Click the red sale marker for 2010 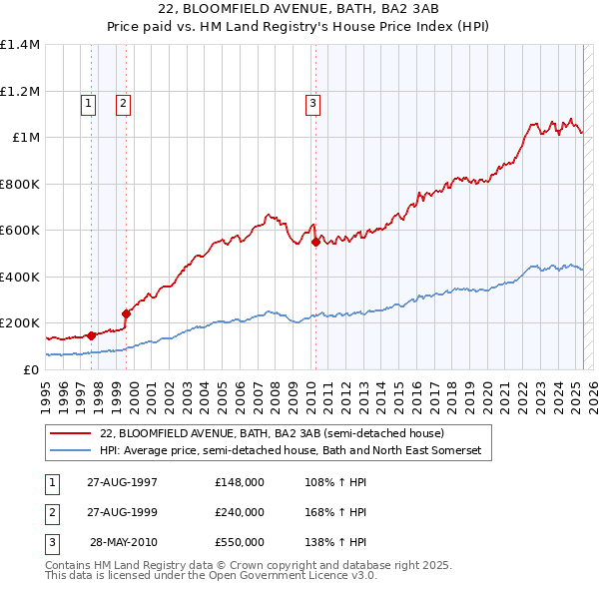tap(314, 242)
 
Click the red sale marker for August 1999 tap(127, 313)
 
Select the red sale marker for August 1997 tap(91, 335)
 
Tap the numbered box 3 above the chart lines tap(312, 102)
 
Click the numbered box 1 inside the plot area tap(88, 102)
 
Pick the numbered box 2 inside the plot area tap(123, 102)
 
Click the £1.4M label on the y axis tap(20, 45)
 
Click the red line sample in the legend tap(70, 434)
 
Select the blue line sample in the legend tap(70, 451)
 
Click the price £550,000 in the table tap(240, 542)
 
